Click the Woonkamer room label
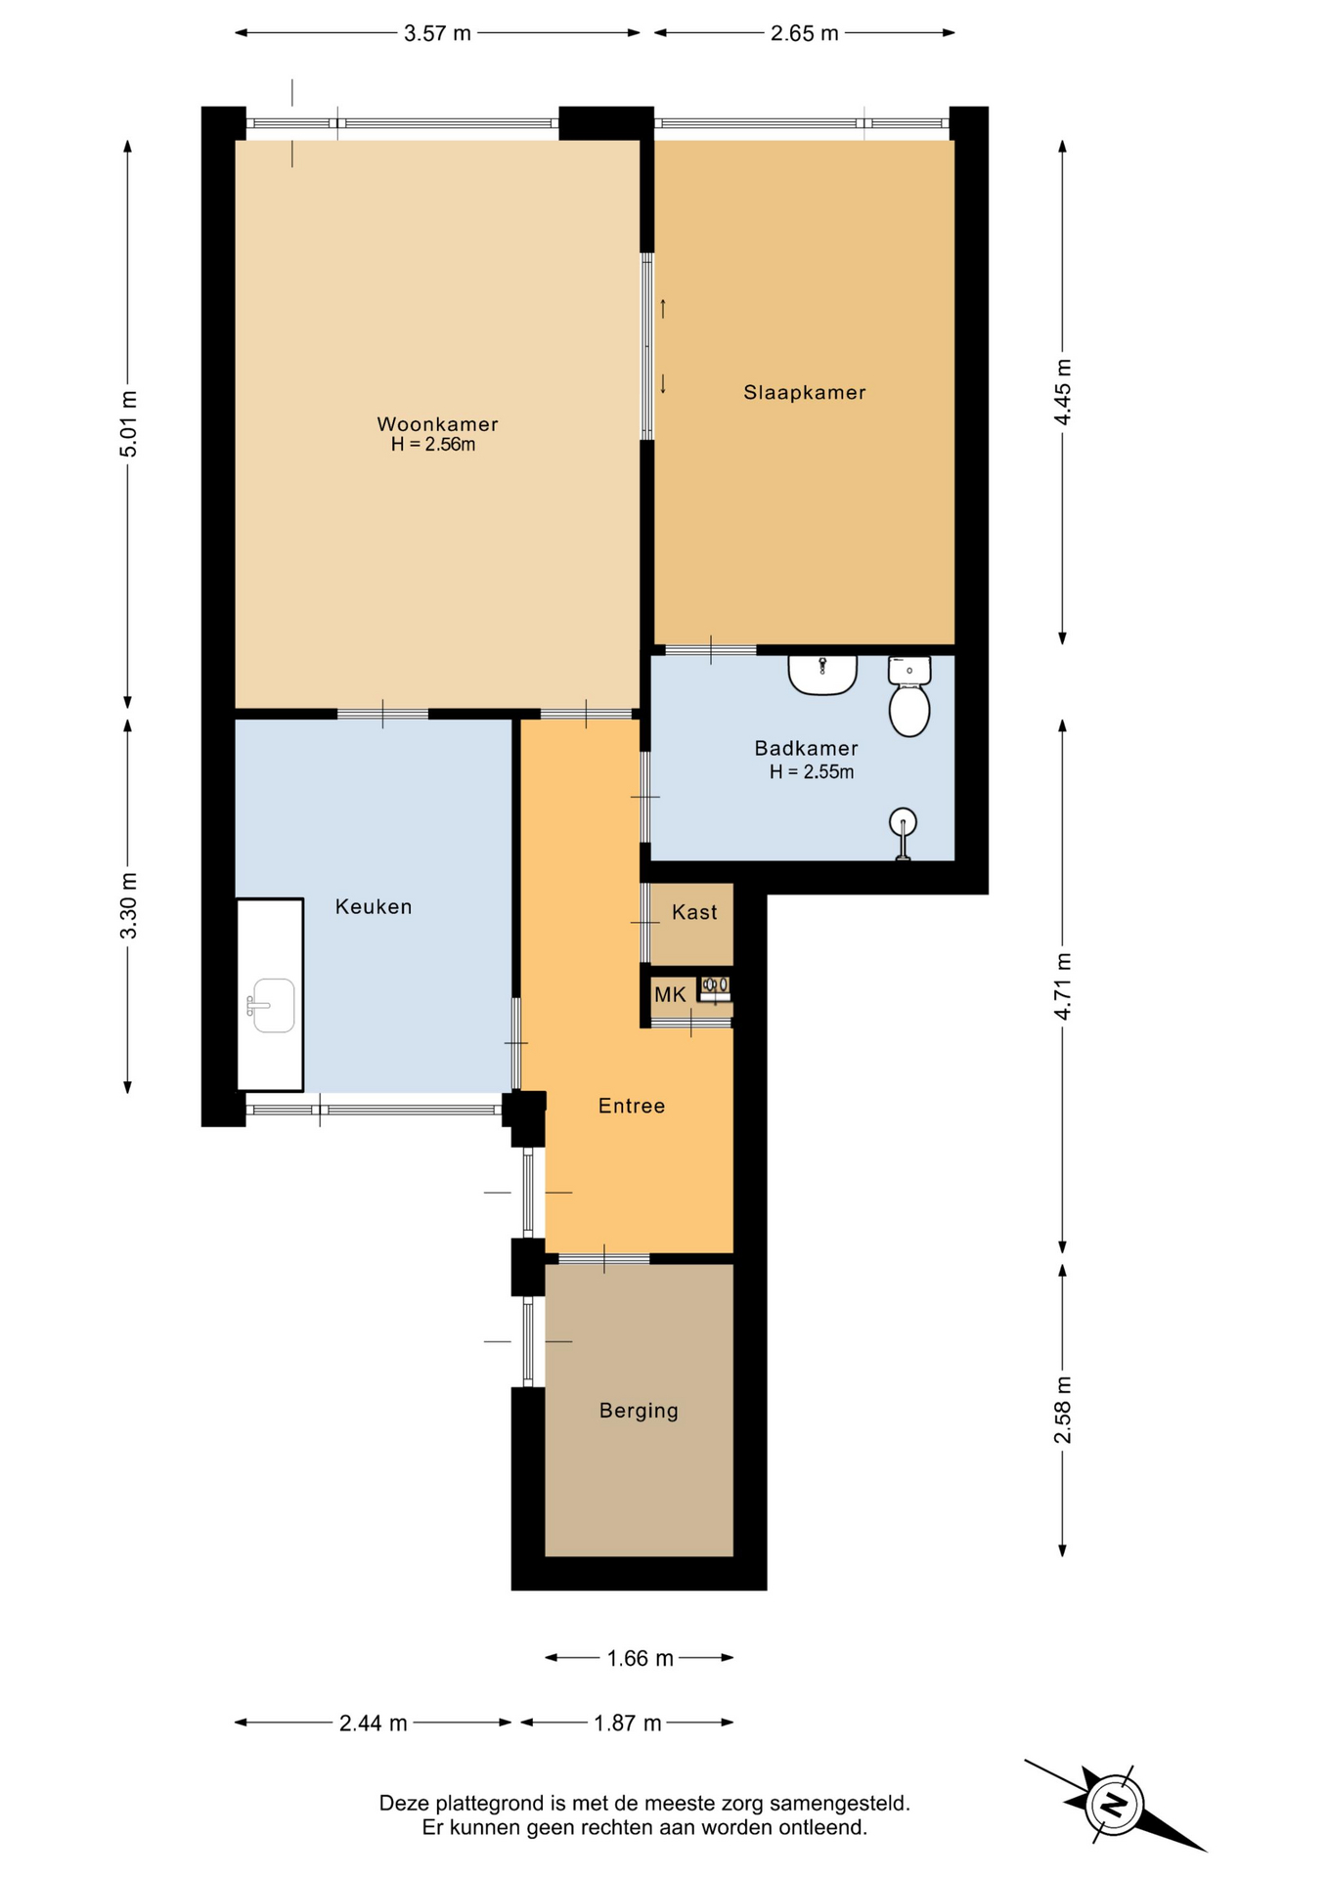[x=437, y=424]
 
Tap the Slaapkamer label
[x=805, y=393]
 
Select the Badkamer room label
[x=806, y=749]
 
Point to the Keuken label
[x=374, y=907]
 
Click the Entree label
[x=632, y=1106]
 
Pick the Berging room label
[x=639, y=1411]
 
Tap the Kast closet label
[x=694, y=912]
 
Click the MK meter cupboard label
[x=670, y=995]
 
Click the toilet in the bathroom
[x=909, y=696]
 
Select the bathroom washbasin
[x=822, y=675]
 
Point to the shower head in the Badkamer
[x=904, y=822]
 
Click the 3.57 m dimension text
[x=437, y=33]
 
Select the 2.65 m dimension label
[x=804, y=33]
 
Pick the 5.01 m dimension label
[x=128, y=423]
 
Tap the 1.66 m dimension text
[x=640, y=1658]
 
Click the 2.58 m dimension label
[x=1063, y=1410]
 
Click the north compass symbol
[x=1114, y=1804]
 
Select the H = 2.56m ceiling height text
[x=433, y=445]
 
